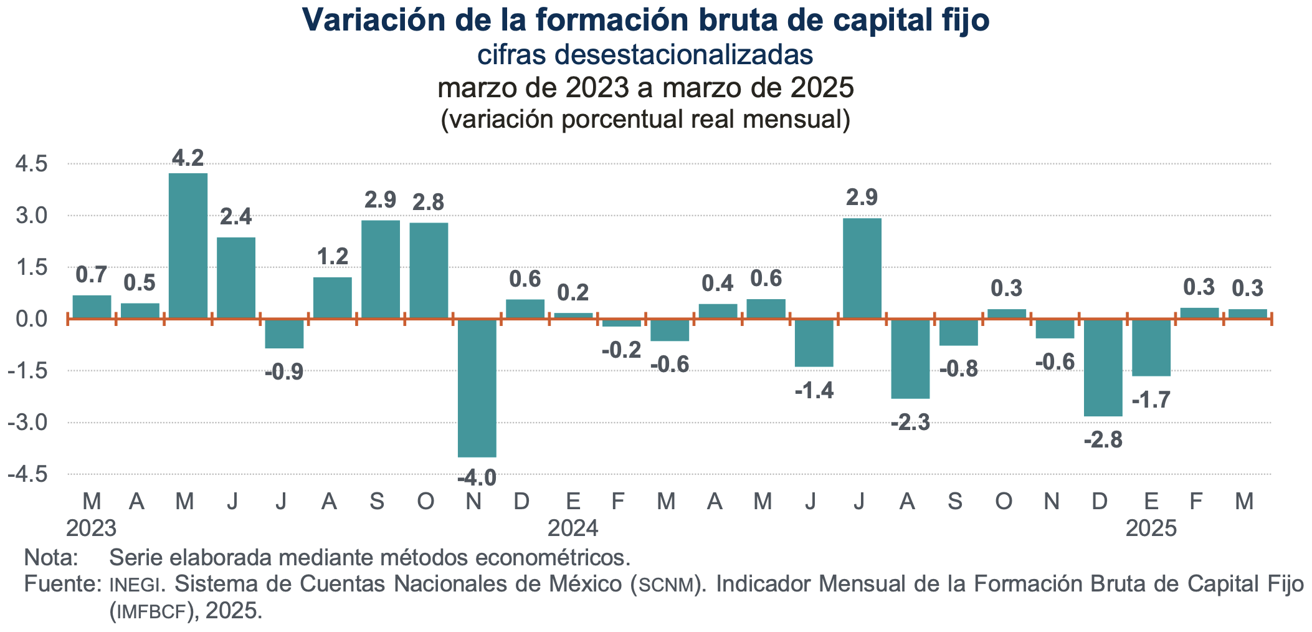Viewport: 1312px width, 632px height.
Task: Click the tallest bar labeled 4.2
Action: click(188, 246)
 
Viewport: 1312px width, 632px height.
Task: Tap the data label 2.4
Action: click(236, 217)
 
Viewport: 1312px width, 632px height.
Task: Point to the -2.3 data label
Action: click(910, 423)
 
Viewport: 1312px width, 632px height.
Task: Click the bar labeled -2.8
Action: click(1103, 368)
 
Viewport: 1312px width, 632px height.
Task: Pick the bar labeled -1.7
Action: click(1151, 347)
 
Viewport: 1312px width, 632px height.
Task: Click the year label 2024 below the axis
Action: click(573, 529)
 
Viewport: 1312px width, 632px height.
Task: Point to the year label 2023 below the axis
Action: click(91, 529)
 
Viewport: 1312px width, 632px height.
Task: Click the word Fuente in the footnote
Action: click(61, 584)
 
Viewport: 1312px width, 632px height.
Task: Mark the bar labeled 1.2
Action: click(332, 298)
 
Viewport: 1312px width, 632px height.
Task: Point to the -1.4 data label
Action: click(814, 391)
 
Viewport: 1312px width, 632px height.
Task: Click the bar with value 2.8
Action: click(429, 271)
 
